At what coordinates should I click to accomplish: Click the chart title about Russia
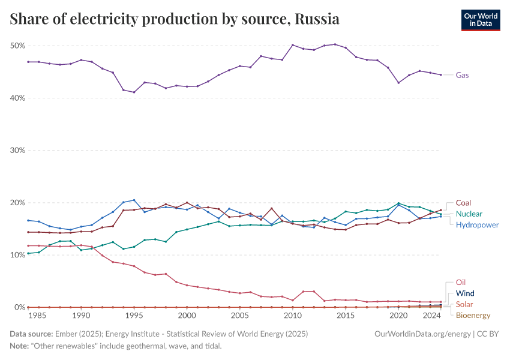pyautogui.click(x=175, y=19)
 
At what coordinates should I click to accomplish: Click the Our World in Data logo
pyautogui.click(x=480, y=20)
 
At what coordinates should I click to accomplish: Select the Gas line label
pyautogui.click(x=463, y=75)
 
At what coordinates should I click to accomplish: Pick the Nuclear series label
pyautogui.click(x=469, y=214)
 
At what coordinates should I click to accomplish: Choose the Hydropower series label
pyautogui.click(x=478, y=225)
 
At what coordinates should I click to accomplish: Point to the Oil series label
pyautogui.click(x=461, y=282)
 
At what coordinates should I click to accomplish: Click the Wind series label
pyautogui.click(x=466, y=293)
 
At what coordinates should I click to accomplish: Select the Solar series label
pyautogui.click(x=464, y=304)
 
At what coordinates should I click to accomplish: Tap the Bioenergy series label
pyautogui.click(x=473, y=315)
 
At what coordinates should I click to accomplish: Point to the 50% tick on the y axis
pyautogui.click(x=17, y=46)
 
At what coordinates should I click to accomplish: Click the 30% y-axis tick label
pyautogui.click(x=17, y=151)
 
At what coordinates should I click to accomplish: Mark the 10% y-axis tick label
pyautogui.click(x=17, y=255)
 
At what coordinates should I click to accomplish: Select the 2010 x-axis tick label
pyautogui.click(x=293, y=315)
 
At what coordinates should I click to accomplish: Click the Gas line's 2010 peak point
pyautogui.click(x=293, y=45)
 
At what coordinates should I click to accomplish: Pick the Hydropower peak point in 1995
pyautogui.click(x=134, y=200)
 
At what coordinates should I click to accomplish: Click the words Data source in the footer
pyautogui.click(x=31, y=333)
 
